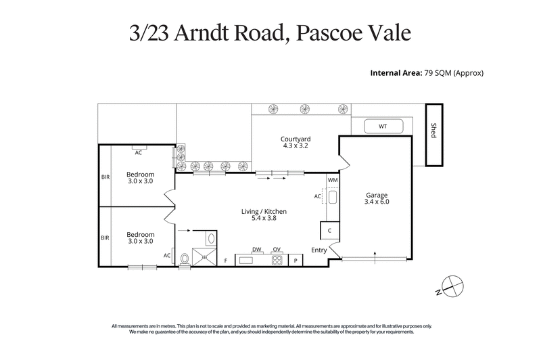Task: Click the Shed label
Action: (433, 131)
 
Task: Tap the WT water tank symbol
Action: (383, 126)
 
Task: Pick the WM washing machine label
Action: (332, 181)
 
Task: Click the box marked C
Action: (328, 231)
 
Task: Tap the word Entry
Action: (319, 250)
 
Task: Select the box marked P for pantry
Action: (296, 260)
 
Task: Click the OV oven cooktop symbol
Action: (277, 259)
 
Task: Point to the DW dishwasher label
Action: (256, 250)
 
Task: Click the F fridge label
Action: (226, 260)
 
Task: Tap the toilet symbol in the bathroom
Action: (185, 258)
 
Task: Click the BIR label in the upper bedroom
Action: (105, 177)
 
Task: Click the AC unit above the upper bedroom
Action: (137, 152)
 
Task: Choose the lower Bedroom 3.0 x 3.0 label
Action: (141, 238)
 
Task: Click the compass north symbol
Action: (449, 286)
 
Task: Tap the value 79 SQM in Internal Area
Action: (440, 72)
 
